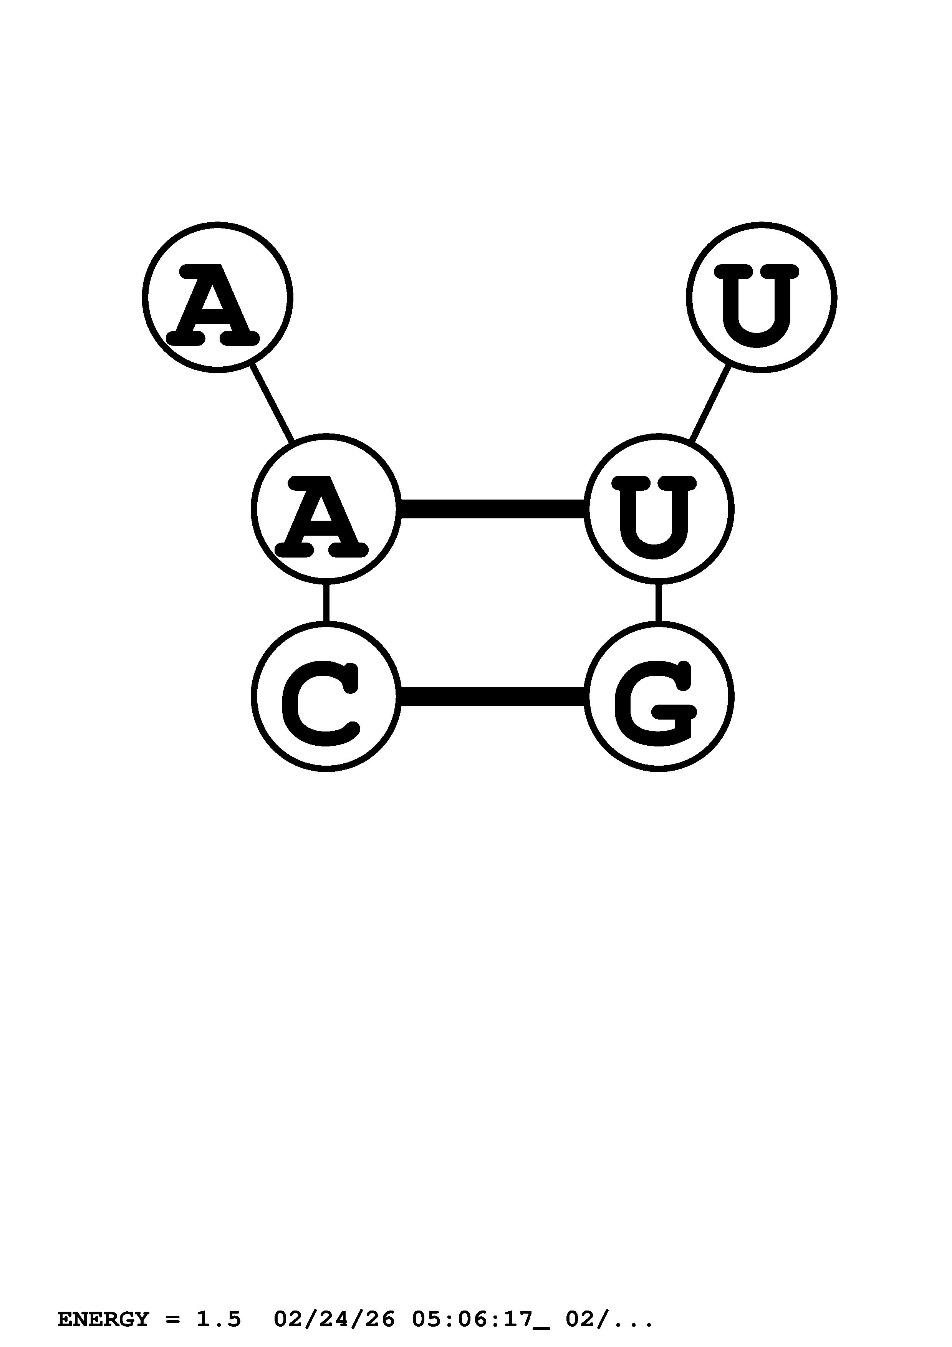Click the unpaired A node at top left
tap(217, 298)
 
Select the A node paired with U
tap(326, 509)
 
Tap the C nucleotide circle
tap(326, 697)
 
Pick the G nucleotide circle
tap(658, 697)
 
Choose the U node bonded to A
tap(658, 509)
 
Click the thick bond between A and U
tap(492, 509)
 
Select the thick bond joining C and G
tap(492, 697)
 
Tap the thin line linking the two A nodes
tap(272, 404)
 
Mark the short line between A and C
tap(326, 602)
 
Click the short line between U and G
tap(658, 602)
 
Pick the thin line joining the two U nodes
tap(710, 404)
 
